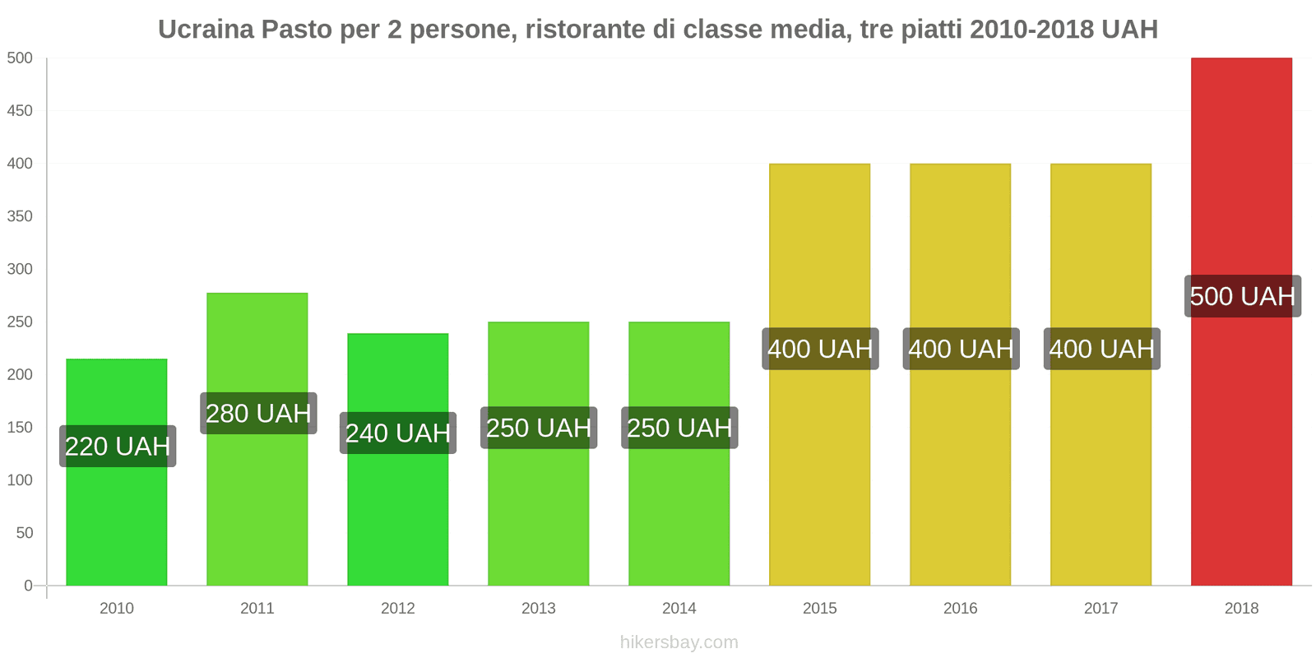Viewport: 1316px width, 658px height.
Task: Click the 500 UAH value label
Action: [x=1242, y=296]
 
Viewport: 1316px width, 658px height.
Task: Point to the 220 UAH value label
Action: [x=118, y=446]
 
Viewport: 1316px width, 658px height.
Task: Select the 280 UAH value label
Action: [x=258, y=413]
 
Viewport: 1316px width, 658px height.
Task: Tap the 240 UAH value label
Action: [x=398, y=433]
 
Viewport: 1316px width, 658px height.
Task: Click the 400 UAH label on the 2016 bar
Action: [x=961, y=349]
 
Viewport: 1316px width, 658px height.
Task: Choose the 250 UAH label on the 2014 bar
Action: [x=679, y=428]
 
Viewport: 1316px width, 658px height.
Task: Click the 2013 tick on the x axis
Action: [x=539, y=609]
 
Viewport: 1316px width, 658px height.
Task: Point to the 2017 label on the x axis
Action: [x=1101, y=609]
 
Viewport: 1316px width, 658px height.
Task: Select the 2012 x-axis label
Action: [x=398, y=609]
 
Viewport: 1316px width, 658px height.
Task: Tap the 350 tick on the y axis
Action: [x=20, y=216]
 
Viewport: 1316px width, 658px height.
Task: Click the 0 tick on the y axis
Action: [x=28, y=586]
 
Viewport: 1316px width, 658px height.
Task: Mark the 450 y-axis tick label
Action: [x=20, y=111]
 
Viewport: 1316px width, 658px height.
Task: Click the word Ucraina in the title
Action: [x=206, y=30]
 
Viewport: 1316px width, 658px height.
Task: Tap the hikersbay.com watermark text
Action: [x=679, y=642]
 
